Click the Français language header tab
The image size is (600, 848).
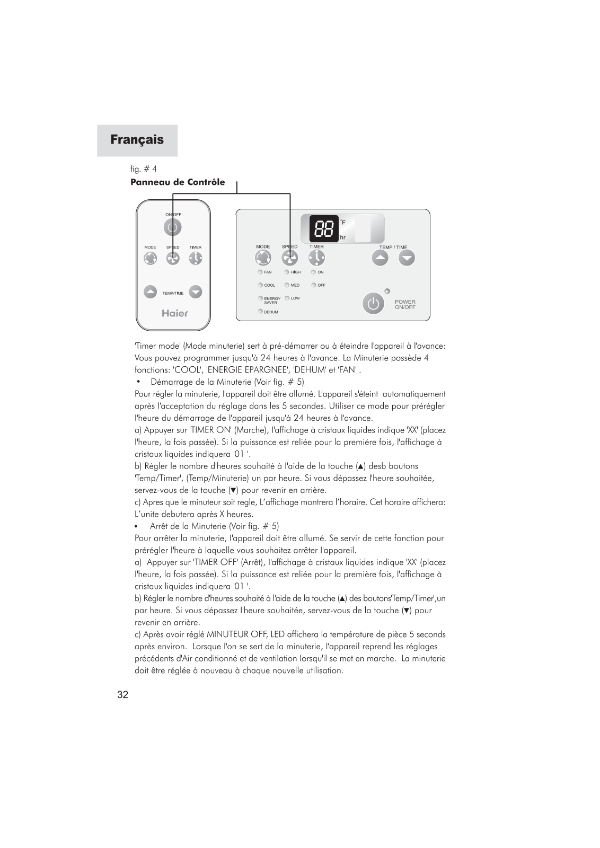[137, 140]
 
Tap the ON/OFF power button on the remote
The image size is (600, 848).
[172, 227]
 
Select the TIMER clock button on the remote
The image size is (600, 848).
[196, 258]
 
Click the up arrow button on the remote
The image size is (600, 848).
[151, 292]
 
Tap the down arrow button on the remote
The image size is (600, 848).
[196, 292]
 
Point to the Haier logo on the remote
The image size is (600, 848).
[175, 313]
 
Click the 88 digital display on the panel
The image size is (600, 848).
[324, 229]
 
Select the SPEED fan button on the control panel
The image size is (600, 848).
[289, 258]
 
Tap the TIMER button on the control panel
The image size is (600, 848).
[316, 258]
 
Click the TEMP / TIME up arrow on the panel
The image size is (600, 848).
[380, 258]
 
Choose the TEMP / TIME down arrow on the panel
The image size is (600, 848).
[407, 258]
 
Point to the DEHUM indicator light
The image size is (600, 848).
[260, 311]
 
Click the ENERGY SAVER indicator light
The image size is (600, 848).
[260, 298]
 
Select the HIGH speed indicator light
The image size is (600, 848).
[287, 272]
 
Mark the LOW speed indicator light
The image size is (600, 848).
[287, 298]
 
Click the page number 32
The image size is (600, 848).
[123, 695]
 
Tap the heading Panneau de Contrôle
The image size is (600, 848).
[178, 182]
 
